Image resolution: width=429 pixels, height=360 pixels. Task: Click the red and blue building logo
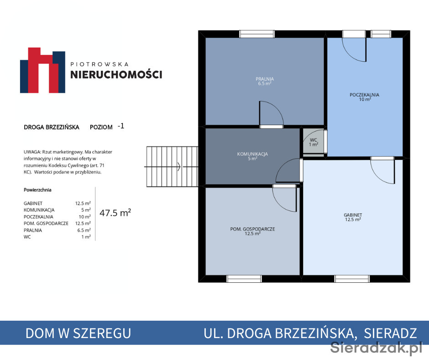(43, 70)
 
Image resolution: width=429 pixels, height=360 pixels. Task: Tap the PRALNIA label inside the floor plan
(265, 79)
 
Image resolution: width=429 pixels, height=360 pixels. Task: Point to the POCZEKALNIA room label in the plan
(365, 95)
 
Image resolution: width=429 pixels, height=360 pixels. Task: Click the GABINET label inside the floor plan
(353, 215)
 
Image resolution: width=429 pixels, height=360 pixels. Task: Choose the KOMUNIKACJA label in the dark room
(252, 154)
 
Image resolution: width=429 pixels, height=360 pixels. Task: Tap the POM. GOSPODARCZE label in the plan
(252, 229)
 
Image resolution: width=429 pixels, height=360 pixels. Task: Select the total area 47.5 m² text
(115, 213)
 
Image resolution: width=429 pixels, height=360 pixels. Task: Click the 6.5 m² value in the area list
(84, 230)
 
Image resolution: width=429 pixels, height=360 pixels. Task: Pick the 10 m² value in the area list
(84, 217)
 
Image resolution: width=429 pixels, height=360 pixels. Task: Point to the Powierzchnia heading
(37, 190)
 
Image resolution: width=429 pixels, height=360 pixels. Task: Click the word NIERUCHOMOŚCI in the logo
(116, 74)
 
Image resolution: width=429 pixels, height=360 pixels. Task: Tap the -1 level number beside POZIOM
(121, 126)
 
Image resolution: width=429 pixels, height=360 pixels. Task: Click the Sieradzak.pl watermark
(377, 348)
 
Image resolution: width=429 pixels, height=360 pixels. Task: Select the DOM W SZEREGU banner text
(78, 333)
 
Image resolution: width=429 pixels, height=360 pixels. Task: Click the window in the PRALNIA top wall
(257, 34)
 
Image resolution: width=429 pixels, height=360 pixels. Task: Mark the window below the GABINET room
(352, 279)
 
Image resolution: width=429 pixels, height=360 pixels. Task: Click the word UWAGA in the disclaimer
(32, 152)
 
